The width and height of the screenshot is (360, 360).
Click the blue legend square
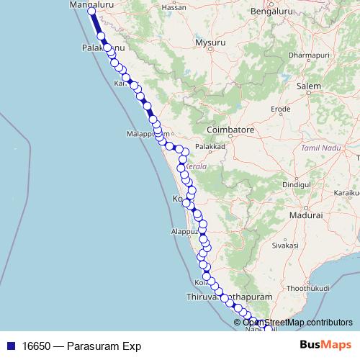9,346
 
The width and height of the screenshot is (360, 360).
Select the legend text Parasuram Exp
81,346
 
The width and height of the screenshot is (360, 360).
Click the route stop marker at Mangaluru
91,11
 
